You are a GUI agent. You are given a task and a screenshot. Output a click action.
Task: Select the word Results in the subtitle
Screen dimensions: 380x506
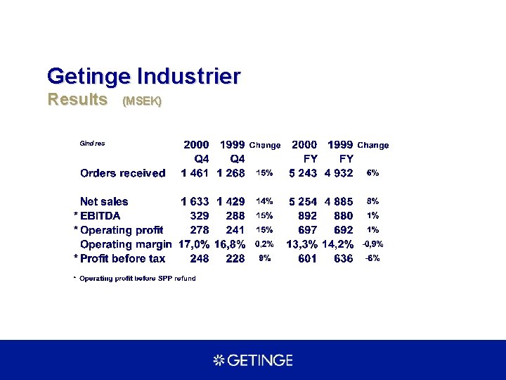click(x=77, y=99)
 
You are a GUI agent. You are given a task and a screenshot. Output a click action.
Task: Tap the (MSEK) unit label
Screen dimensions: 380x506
click(x=142, y=101)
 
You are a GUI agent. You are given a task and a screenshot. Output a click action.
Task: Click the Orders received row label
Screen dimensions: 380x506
click(x=123, y=173)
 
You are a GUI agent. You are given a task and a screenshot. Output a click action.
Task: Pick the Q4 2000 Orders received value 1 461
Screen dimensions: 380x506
click(x=195, y=173)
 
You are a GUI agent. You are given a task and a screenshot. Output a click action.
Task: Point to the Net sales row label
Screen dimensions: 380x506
click(x=105, y=202)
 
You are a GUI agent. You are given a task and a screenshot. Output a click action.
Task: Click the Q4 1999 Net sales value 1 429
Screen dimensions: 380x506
click(x=231, y=202)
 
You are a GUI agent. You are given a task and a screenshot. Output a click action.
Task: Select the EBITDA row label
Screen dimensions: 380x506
click(x=100, y=216)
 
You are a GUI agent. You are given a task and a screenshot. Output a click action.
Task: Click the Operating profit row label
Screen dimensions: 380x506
click(x=122, y=230)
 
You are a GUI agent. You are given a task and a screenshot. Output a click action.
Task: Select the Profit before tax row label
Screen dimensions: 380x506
click(x=123, y=258)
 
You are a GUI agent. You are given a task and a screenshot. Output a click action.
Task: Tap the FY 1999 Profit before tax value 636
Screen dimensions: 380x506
click(x=344, y=258)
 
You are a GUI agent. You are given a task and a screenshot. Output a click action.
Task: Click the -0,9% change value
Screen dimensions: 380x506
click(x=372, y=244)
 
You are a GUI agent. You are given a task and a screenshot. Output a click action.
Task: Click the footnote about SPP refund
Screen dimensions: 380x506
click(x=137, y=279)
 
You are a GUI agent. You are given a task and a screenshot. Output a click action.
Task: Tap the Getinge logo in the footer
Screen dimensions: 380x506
click(x=253, y=360)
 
